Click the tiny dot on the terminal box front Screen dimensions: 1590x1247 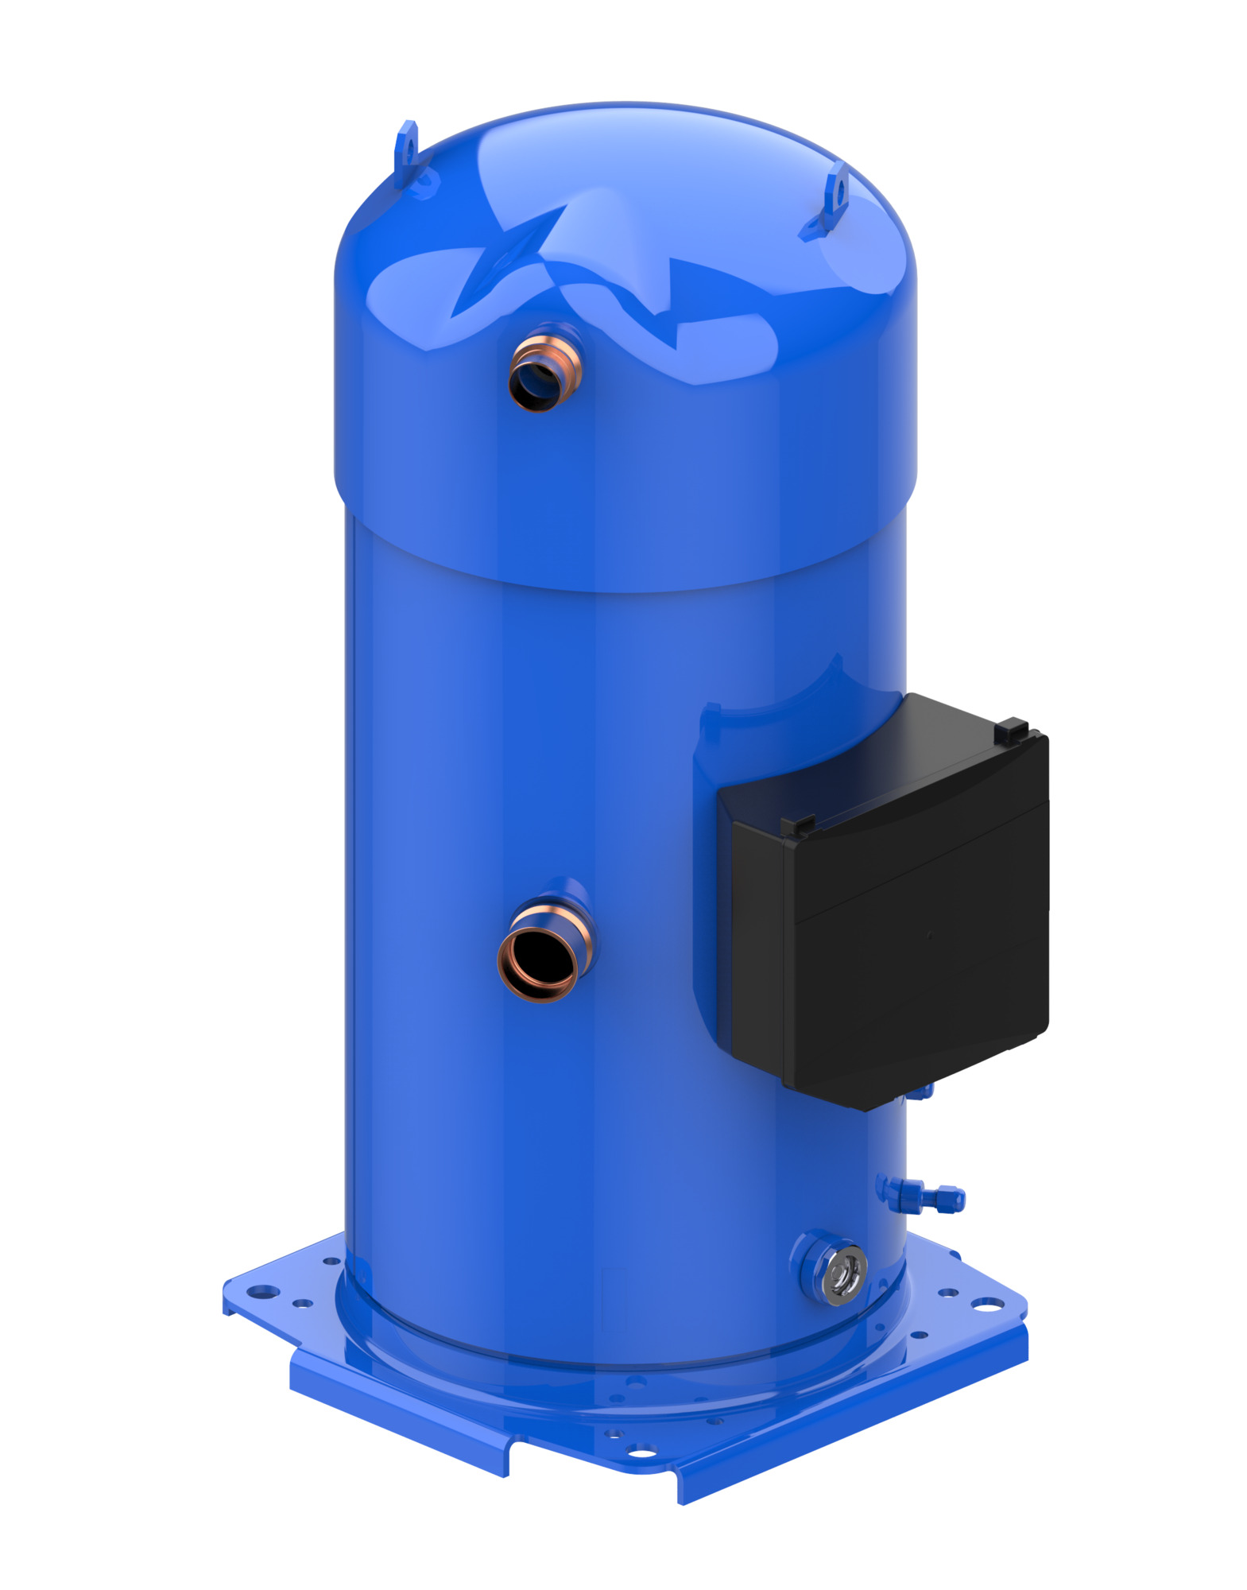tap(930, 936)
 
